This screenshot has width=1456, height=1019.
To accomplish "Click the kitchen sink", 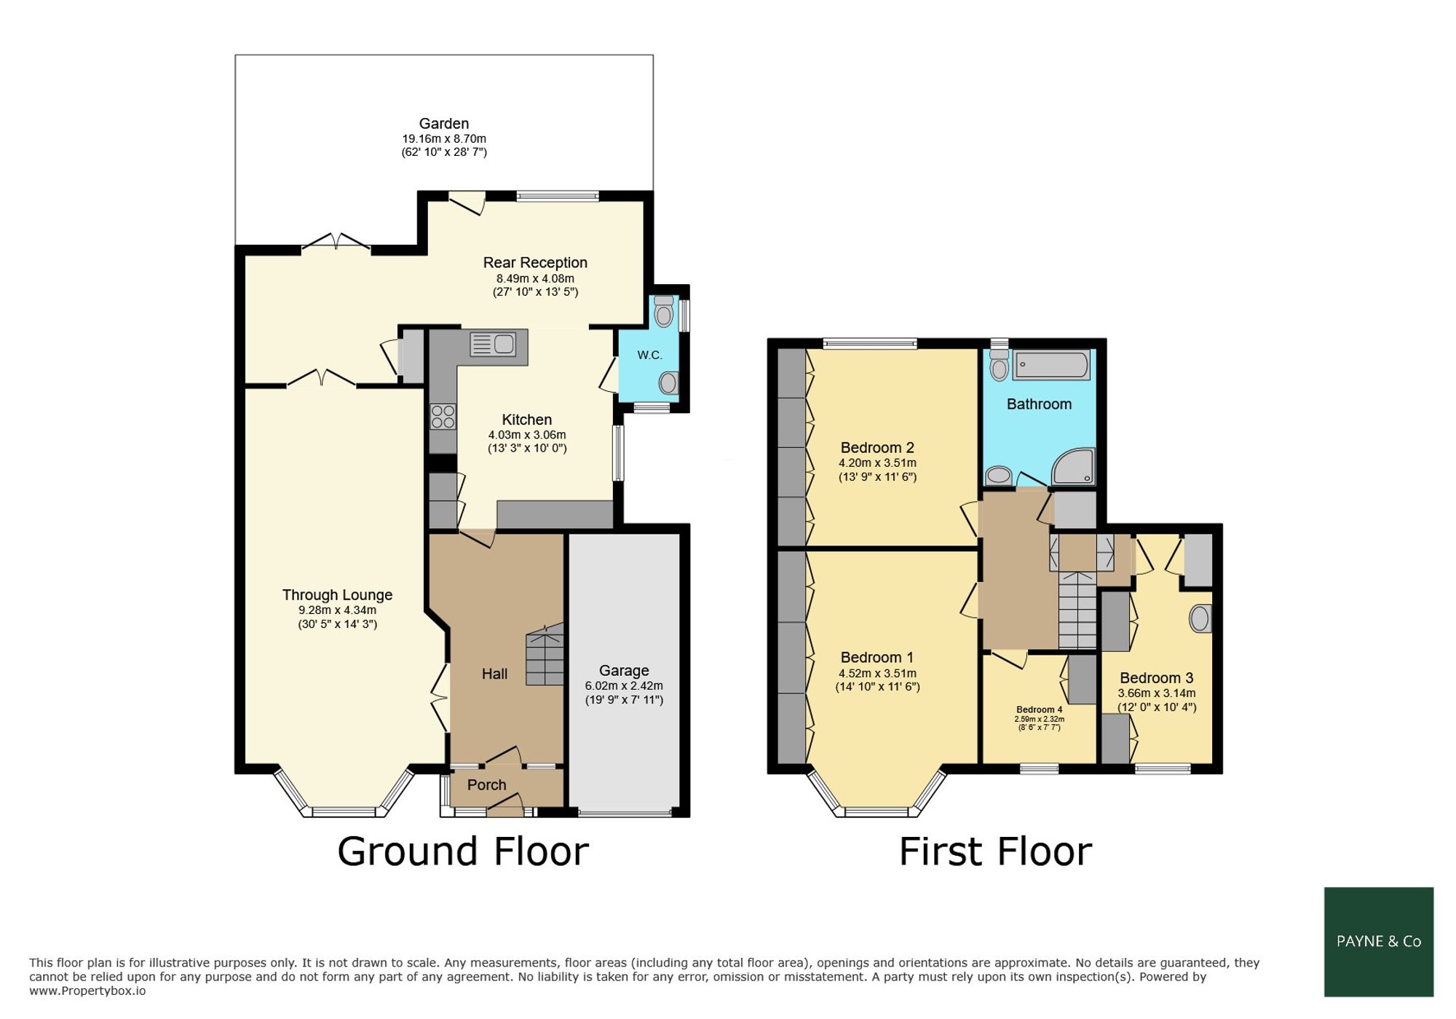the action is pos(493,344).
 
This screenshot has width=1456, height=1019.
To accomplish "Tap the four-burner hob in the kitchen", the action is pos(443,417).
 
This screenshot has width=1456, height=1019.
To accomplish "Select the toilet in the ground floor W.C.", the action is pos(663,311).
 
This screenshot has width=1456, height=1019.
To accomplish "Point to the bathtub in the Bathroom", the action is pos(1052,365).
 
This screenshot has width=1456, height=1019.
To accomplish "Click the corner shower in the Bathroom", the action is pos(1074,466).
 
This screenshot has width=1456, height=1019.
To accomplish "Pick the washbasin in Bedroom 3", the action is pos(1200,618).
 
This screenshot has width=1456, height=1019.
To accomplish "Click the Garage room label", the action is pos(624,670).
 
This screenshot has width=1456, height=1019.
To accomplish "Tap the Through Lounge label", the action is pos(337,595).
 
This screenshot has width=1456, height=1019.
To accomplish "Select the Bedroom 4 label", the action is pos(1040,709).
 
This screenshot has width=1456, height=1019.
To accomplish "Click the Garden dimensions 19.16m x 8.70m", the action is pos(444,138).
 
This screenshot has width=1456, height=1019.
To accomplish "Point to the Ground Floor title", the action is pos(463,851).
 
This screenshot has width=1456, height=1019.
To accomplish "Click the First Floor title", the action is pos(995,851).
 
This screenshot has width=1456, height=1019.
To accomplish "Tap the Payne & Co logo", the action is pos(1379,942).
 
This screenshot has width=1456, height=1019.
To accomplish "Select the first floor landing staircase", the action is pos(1077,610).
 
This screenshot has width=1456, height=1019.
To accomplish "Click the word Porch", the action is pos(486,785).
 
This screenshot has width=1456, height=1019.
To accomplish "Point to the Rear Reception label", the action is pos(535,263).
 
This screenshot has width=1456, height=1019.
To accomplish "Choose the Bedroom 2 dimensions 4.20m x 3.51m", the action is pos(877,463).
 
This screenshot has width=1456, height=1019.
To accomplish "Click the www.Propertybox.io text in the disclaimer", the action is pos(87,991).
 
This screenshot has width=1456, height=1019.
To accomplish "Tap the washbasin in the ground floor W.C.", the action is pos(668,382).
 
